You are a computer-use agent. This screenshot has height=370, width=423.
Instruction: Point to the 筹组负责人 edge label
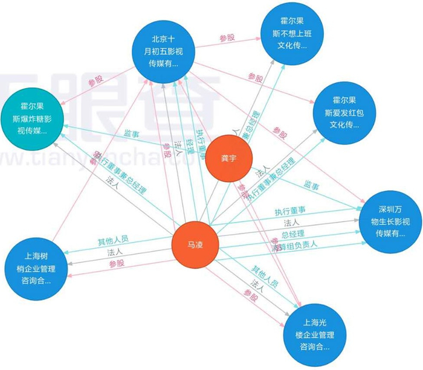click(x=296, y=246)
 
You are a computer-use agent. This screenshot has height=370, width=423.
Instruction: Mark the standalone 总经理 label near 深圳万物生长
click(x=291, y=234)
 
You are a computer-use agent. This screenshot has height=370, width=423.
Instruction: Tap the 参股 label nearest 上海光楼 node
click(x=251, y=294)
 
